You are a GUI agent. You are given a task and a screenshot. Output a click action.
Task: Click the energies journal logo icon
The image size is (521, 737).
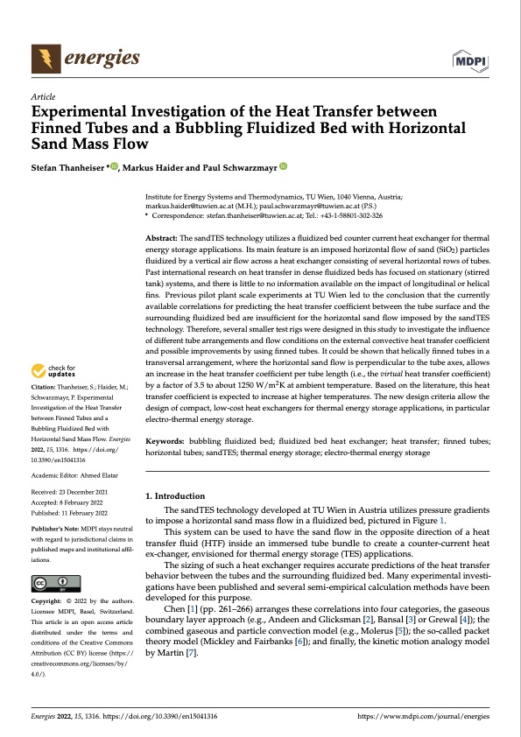coord(41,59)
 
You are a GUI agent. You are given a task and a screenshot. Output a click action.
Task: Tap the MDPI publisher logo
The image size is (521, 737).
coord(470,60)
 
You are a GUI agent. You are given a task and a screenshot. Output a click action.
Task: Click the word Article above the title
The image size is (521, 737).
coord(43,95)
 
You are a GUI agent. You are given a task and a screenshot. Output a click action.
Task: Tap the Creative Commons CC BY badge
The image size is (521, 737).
coord(55,583)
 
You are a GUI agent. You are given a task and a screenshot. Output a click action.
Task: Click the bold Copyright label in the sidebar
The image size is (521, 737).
coord(48,604)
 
